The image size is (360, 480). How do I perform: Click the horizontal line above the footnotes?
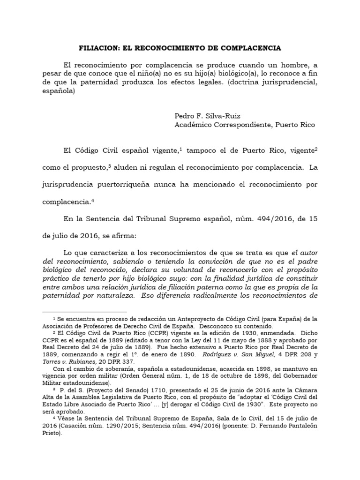[x=84, y=311]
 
